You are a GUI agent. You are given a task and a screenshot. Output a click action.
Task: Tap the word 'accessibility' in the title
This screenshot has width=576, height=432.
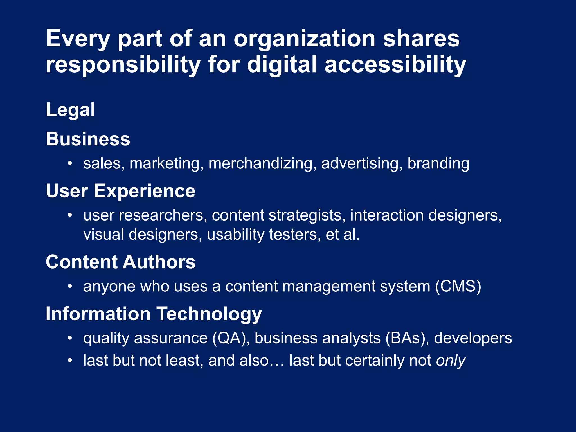coord(395,65)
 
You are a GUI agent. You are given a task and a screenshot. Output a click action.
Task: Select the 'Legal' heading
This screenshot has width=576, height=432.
coord(70,110)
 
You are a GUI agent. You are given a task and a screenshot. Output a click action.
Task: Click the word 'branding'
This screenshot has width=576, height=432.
coord(438,163)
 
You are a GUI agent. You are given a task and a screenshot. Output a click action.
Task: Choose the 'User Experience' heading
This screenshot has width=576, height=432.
coord(120,191)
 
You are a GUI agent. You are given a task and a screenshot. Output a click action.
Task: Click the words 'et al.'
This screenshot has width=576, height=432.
coord(343,235)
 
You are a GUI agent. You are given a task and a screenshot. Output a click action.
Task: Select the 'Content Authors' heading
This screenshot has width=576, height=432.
coord(120,262)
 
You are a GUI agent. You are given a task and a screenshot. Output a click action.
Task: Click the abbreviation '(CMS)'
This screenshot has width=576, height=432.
coord(458,287)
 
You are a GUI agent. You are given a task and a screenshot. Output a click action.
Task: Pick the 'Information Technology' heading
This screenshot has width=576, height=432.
coord(154,314)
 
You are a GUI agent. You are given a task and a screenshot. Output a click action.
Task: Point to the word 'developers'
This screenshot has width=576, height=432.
coord(473,338)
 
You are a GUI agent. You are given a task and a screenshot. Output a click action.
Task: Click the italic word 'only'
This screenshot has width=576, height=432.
coord(451,361)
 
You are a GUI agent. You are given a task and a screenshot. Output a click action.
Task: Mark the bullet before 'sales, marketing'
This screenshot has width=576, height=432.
coord(70,163)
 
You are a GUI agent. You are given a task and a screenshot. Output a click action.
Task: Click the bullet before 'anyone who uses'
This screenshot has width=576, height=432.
coord(70,287)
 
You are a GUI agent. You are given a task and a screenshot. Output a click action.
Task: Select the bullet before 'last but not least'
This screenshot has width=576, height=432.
coord(70,361)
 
